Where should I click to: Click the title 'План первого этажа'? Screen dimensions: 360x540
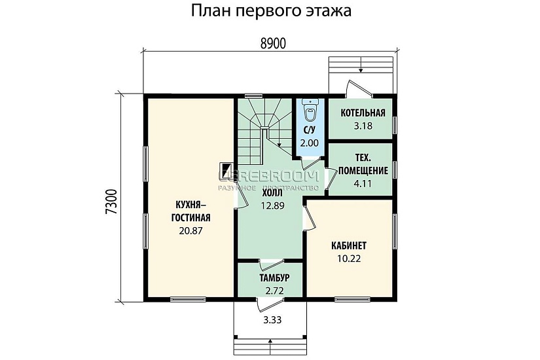(270, 12)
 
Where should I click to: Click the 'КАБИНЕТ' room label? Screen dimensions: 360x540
(349, 245)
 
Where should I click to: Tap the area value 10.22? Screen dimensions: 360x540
(349, 258)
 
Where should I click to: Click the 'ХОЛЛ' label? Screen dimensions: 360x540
(272, 193)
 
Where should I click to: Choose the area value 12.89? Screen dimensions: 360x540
(272, 206)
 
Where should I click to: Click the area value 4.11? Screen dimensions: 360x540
(362, 183)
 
